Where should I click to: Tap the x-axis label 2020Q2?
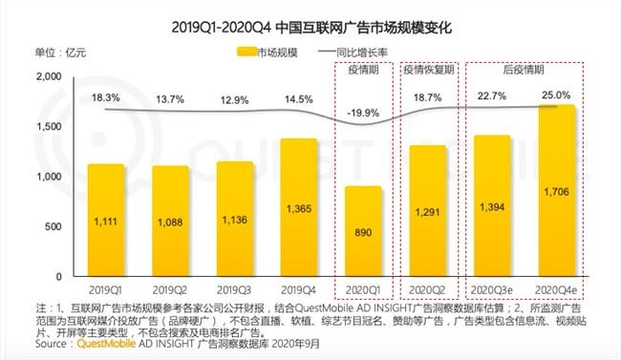(x=427, y=288)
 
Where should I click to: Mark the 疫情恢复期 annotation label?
(x=428, y=70)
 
